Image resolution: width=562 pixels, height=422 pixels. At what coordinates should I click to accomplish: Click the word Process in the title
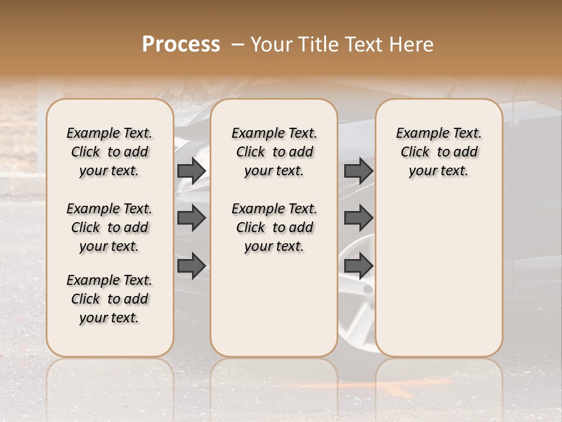181,45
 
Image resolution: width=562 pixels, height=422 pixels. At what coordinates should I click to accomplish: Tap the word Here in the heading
413,45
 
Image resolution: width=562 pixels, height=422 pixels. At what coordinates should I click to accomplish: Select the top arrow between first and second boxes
191,171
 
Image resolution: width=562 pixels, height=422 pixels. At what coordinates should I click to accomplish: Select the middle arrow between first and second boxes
191,218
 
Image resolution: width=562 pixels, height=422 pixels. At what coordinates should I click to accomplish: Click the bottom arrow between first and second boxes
191,266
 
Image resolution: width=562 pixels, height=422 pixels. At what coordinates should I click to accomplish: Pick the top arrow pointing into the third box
358,171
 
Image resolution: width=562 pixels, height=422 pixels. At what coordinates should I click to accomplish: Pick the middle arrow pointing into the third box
358,218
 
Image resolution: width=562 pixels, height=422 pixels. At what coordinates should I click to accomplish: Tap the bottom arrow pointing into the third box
358,266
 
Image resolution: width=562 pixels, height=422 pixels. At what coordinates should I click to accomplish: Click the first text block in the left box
109,152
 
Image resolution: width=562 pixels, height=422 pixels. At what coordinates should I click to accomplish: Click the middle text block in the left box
109,227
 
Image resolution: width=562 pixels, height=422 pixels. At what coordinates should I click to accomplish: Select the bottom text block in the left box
109,299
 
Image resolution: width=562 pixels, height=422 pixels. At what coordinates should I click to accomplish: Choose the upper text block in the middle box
274,152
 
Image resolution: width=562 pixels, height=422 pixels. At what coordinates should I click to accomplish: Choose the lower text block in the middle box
274,227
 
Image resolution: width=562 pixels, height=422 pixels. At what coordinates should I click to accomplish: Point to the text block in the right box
438,152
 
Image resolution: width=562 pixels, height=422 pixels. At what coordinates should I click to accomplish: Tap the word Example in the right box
419,134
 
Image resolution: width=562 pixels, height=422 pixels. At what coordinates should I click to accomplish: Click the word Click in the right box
415,152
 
